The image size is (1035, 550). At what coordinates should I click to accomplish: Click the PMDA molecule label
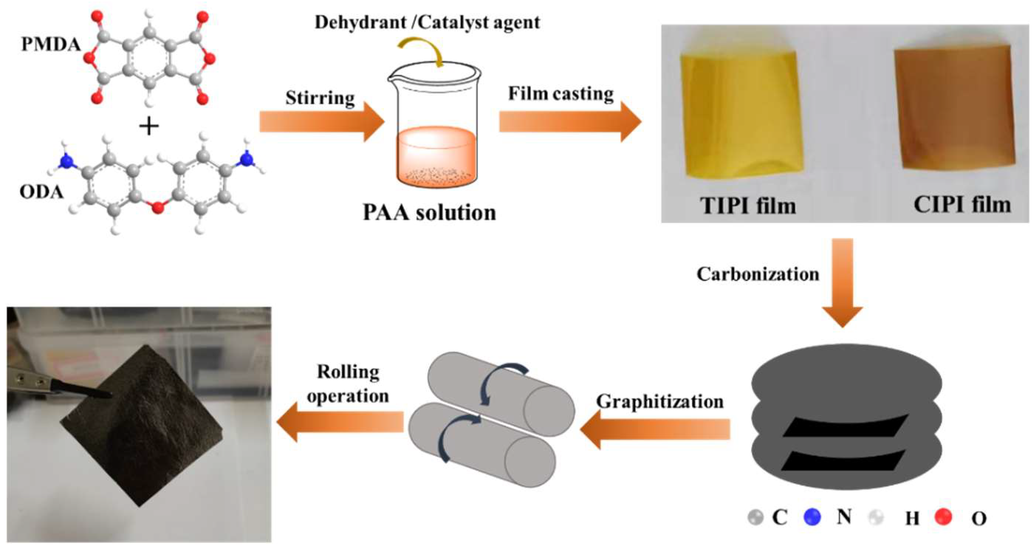click(51, 45)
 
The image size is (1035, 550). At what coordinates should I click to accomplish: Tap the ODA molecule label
click(42, 192)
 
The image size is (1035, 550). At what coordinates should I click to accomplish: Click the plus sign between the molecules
click(149, 127)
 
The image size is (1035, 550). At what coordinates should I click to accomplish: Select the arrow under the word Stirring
click(321, 121)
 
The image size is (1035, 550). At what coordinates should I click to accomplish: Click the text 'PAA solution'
click(429, 213)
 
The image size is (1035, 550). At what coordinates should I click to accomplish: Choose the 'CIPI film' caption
click(962, 204)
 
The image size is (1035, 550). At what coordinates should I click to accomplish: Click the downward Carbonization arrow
click(842, 281)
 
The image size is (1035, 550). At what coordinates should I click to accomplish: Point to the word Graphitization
click(660, 401)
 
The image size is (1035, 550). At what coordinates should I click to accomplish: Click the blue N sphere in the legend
click(812, 517)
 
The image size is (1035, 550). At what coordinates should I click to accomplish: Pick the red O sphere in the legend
click(943, 517)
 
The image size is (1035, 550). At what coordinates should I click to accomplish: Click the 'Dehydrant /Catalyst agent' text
click(427, 22)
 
